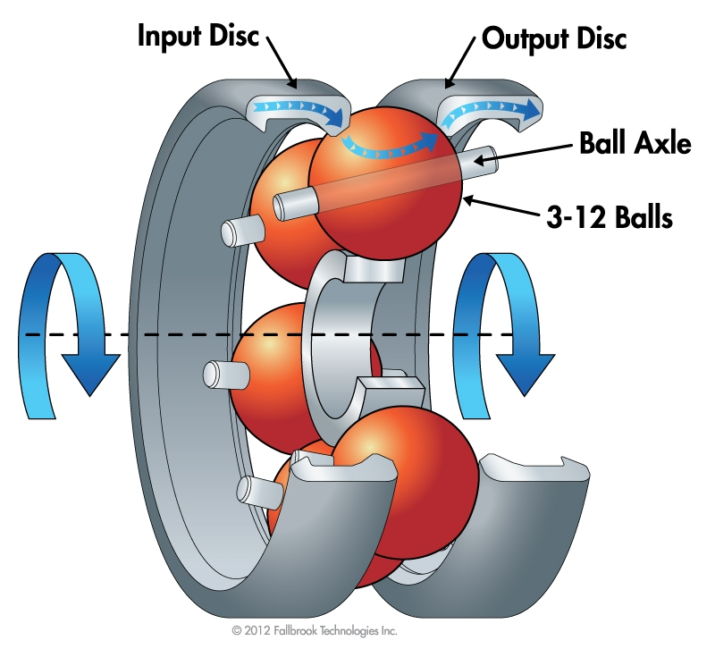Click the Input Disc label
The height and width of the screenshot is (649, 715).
[199, 37]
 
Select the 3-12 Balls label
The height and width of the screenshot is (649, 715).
[611, 216]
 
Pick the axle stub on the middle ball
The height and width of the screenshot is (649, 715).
[219, 371]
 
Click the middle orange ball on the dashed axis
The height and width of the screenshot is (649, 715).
[268, 358]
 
